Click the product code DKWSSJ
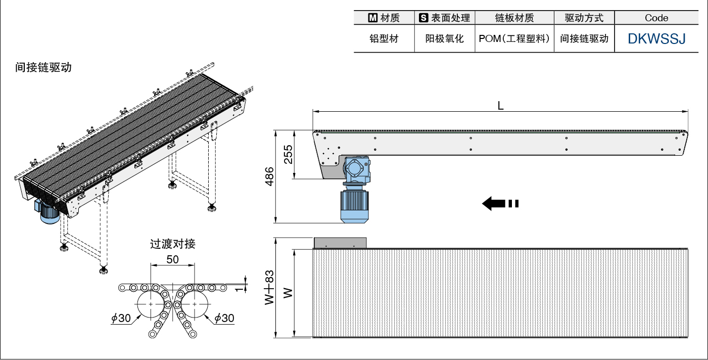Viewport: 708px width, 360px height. coord(656,38)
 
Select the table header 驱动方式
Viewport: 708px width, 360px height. coord(584,18)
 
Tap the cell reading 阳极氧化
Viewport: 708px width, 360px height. coord(444,38)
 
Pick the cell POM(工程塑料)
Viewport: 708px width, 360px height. coord(514,38)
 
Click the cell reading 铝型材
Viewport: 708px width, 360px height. coord(384,38)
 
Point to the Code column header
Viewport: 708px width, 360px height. coord(656,18)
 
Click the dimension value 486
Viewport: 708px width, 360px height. coord(269,176)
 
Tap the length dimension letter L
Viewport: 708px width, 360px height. coord(500,105)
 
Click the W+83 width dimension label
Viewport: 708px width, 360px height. coord(269,287)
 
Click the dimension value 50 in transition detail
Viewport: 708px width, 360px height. coord(172,259)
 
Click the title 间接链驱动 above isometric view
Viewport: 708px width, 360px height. coord(43,67)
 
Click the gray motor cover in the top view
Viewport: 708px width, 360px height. coord(340,243)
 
